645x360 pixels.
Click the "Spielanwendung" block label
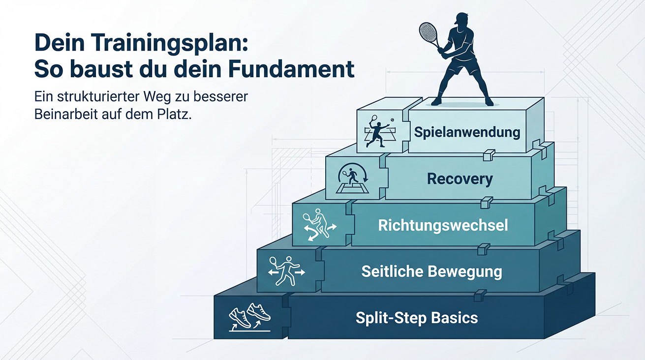click(x=467, y=132)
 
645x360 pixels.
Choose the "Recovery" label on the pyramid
click(x=460, y=179)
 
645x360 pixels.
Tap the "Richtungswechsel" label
click(x=443, y=225)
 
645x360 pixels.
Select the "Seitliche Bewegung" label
click(x=431, y=271)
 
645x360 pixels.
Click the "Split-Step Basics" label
click(x=417, y=318)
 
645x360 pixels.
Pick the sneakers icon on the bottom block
click(x=250, y=317)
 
